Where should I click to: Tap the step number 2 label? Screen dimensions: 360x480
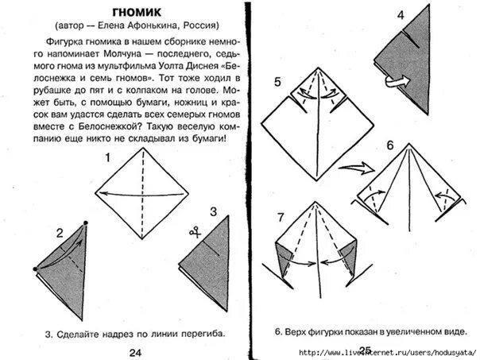point(59,233)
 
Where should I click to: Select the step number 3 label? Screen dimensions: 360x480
point(213,211)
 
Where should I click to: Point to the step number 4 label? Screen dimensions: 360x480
point(401,14)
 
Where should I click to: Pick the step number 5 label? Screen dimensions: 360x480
point(277,82)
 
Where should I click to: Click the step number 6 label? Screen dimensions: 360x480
point(390,146)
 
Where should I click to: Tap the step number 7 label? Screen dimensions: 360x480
point(280,217)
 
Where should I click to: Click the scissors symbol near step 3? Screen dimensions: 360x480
point(193,231)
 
